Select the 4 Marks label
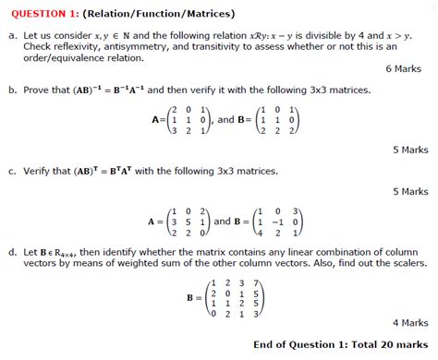coord(408,323)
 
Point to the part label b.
coord(11,90)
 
